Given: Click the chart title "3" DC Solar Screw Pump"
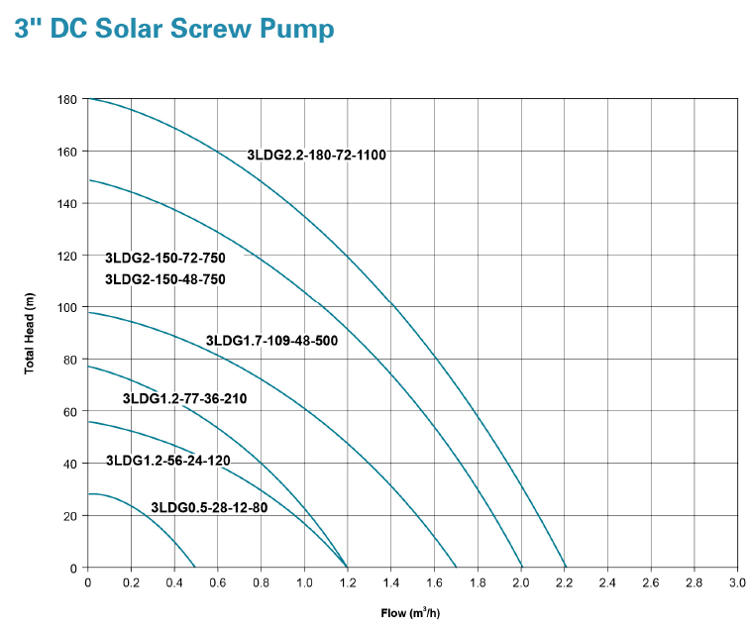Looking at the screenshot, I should pyautogui.click(x=174, y=30).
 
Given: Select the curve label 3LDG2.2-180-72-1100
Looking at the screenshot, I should pyautogui.click(x=316, y=156).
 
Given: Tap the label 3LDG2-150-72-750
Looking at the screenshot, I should pyautogui.click(x=165, y=259).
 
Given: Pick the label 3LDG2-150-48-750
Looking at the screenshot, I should pyautogui.click(x=165, y=279).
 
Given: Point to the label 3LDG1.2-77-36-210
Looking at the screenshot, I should pyautogui.click(x=184, y=399).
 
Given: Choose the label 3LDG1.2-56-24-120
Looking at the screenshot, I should pyautogui.click(x=167, y=461).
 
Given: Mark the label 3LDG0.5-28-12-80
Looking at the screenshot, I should pyautogui.click(x=209, y=508).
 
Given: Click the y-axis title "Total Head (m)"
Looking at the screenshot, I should pyautogui.click(x=30, y=334).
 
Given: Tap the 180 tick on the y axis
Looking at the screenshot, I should pyautogui.click(x=68, y=100).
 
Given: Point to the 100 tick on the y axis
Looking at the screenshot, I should pyautogui.click(x=68, y=308).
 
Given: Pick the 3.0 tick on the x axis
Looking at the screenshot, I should pyautogui.click(x=737, y=581).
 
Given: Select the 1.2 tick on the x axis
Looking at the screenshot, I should pyautogui.click(x=348, y=581).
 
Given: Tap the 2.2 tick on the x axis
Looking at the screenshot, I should pyautogui.click(x=564, y=581).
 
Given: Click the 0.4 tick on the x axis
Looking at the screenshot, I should pyautogui.click(x=174, y=581).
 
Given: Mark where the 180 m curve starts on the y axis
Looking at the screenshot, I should pyautogui.click(x=89, y=99).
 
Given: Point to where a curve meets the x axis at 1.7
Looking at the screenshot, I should pyautogui.click(x=456, y=568).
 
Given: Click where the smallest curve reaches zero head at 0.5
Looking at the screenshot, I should pyautogui.click(x=196, y=568).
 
